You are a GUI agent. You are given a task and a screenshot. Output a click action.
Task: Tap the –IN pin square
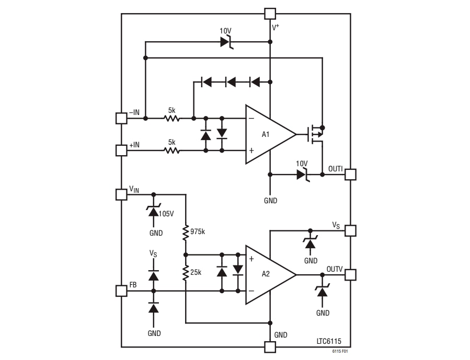click(x=121, y=118)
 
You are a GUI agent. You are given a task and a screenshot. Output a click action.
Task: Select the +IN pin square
click(x=121, y=150)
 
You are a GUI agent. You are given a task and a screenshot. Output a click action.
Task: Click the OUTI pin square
click(x=350, y=175)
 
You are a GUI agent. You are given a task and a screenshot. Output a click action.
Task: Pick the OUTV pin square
click(x=350, y=275)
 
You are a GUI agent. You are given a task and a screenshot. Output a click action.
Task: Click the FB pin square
click(x=121, y=291)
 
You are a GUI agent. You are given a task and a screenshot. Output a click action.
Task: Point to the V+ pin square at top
click(x=270, y=14)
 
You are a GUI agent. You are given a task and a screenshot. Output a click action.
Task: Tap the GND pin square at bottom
click(x=270, y=347)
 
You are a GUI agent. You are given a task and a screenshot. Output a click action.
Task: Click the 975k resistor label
click(x=199, y=231)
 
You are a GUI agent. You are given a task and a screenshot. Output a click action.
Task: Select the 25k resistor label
click(x=197, y=273)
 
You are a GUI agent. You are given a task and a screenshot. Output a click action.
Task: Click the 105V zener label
click(x=167, y=213)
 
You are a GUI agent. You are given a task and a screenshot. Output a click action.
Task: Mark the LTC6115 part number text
click(x=329, y=341)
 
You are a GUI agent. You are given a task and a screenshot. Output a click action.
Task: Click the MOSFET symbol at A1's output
click(x=314, y=134)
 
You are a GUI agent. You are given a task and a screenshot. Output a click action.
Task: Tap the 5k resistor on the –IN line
click(x=171, y=118)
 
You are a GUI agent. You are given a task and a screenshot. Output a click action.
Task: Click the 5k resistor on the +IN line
click(x=171, y=150)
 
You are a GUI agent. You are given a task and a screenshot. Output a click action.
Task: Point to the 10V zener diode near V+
click(x=226, y=42)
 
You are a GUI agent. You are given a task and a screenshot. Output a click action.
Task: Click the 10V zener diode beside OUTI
click(x=302, y=175)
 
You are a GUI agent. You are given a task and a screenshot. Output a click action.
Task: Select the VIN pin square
click(x=121, y=194)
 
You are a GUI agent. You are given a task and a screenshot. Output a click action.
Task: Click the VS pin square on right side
click(x=350, y=230)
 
